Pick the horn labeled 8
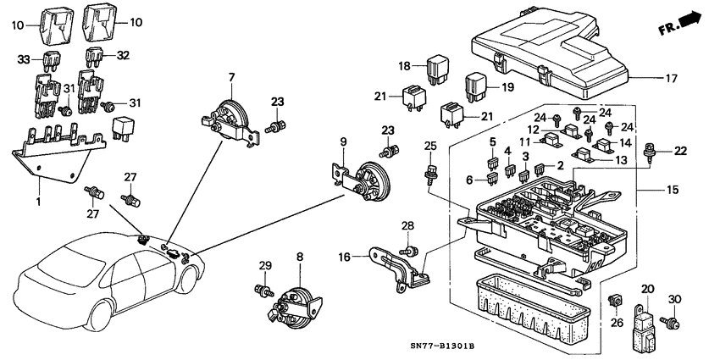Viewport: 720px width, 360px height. coord(296,302)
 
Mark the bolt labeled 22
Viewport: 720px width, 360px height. coord(651,153)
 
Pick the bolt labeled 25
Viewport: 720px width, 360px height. coord(429,174)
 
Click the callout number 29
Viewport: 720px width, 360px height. coord(264,267)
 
